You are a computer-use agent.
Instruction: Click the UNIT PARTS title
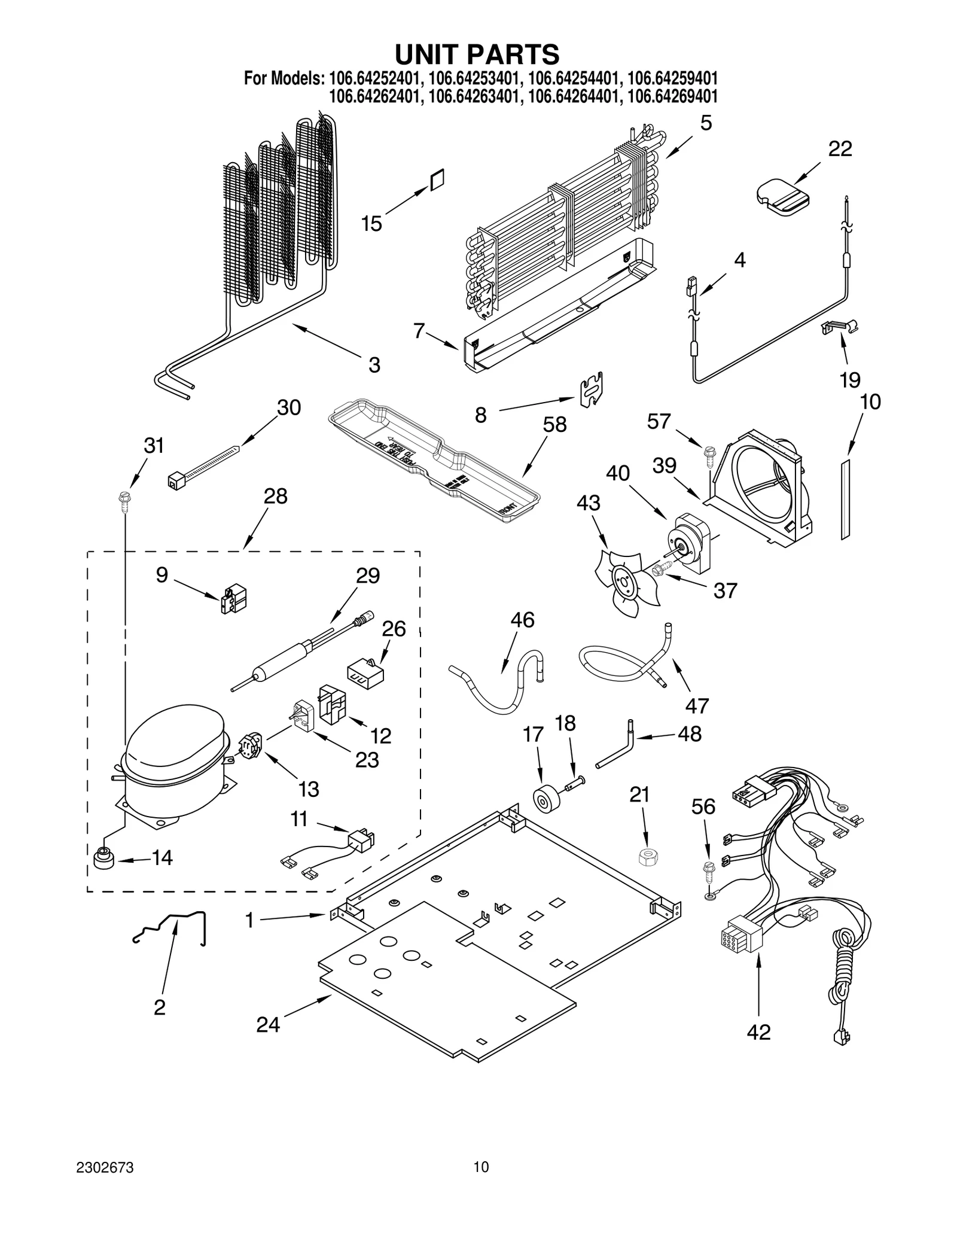pyautogui.click(x=477, y=54)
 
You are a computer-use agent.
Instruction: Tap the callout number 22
pyautogui.click(x=839, y=148)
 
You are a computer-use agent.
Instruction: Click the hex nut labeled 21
pyautogui.click(x=647, y=857)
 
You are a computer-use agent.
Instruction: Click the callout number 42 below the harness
pyautogui.click(x=758, y=1032)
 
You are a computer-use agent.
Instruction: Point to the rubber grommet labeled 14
pyautogui.click(x=103, y=859)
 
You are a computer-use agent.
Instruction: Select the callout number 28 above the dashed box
pyautogui.click(x=275, y=496)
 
